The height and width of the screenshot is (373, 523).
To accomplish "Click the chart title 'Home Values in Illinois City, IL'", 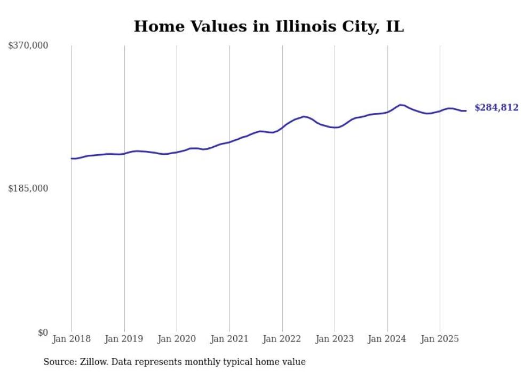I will (268, 27).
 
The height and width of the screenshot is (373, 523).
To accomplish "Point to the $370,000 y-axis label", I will (28, 46).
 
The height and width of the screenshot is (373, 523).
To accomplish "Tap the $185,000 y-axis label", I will (28, 188).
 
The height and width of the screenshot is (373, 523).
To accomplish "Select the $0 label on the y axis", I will (43, 332).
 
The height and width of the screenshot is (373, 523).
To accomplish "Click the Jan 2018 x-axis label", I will (72, 339).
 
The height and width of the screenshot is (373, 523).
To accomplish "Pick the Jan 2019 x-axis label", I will (124, 339).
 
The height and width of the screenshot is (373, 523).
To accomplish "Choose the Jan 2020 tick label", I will (177, 339).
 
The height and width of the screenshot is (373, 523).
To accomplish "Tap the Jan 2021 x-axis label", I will (229, 339).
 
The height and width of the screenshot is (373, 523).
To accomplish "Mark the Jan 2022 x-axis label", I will (282, 339).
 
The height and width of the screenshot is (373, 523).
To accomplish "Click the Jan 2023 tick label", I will (335, 339).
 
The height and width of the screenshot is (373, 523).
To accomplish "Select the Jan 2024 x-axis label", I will (387, 339).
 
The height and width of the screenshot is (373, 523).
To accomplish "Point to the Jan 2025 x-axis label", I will (440, 339).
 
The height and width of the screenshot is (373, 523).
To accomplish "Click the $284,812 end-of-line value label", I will (496, 108).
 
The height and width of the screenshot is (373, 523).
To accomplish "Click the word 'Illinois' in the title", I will (308, 27).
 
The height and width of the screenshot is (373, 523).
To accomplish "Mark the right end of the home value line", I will (466, 110).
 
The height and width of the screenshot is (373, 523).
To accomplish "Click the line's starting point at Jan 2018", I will (72, 158).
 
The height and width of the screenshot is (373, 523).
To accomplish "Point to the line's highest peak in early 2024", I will (400, 105).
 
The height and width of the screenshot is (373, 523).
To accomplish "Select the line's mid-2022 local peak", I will (304, 116).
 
